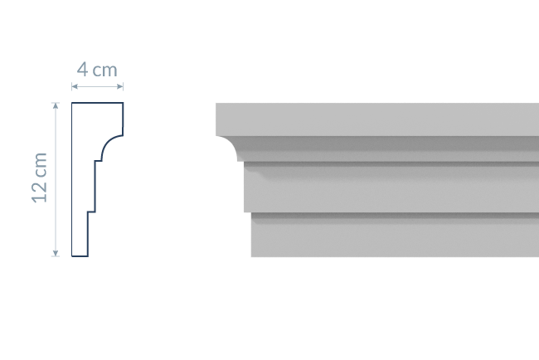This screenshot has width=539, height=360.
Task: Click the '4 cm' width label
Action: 98,70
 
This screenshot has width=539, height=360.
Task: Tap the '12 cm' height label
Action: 40,177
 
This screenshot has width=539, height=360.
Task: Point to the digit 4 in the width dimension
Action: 84,70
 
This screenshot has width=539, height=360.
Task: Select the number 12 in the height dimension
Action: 40,190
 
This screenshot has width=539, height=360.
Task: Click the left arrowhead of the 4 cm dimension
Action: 74,86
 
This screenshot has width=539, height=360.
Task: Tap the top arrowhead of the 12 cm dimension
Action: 56,105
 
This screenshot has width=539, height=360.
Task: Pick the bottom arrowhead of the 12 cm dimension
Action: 56,254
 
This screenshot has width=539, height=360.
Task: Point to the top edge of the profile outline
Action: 98,104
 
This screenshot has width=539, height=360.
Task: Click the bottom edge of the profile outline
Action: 80,256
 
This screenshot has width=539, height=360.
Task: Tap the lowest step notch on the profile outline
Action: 90,213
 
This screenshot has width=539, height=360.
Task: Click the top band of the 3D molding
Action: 373,119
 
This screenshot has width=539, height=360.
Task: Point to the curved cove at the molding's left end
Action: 229,149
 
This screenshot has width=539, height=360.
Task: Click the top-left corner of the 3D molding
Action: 217,105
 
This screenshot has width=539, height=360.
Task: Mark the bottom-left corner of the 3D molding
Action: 252,255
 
